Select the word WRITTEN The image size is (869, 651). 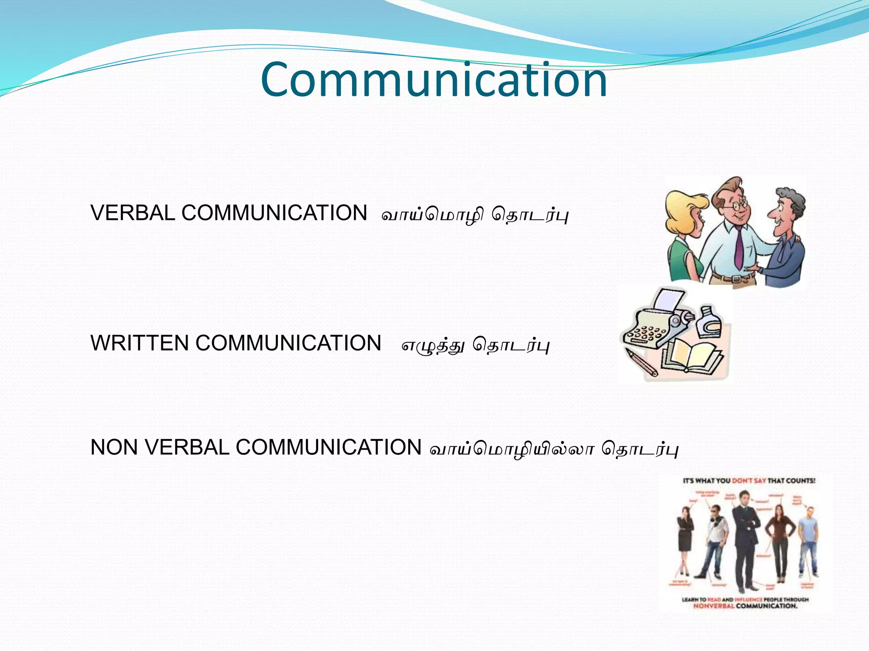click(x=140, y=343)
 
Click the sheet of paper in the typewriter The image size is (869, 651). click(x=668, y=298)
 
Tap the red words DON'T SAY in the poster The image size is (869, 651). click(x=749, y=481)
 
